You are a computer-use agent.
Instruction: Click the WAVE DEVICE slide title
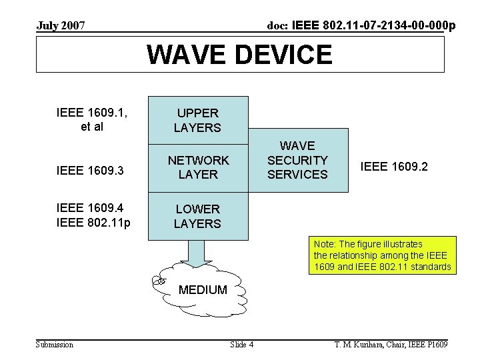click(239, 54)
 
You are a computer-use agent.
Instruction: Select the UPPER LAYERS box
click(197, 120)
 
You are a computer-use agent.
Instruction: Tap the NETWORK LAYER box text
click(197, 167)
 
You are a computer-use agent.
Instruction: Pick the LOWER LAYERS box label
click(197, 217)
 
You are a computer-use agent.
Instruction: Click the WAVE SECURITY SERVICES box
click(297, 160)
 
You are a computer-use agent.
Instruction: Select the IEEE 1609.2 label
click(394, 167)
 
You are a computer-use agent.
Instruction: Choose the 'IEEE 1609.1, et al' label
click(91, 119)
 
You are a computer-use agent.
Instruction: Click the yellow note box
click(382, 255)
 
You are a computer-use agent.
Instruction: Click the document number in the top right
click(361, 26)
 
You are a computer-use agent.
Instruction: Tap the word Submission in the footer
click(55, 345)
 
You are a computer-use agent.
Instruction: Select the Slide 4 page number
click(241, 345)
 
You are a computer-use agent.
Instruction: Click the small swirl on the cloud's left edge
click(158, 281)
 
